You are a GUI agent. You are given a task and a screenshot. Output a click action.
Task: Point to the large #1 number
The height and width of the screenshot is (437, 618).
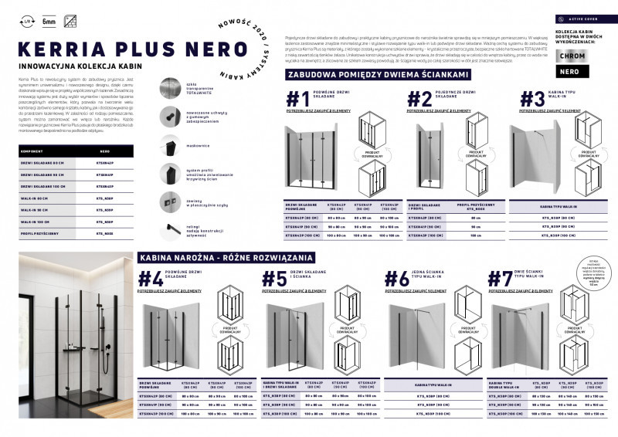[298, 100]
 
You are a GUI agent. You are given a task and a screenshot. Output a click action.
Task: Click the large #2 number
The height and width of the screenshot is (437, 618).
[420, 100]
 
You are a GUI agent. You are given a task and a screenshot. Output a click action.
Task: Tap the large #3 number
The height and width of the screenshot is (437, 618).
[531, 100]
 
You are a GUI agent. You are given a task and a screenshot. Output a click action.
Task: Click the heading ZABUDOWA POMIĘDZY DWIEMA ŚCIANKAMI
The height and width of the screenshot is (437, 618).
[378, 75]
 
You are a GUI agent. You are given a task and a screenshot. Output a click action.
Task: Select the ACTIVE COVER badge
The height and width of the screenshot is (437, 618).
[583, 17]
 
